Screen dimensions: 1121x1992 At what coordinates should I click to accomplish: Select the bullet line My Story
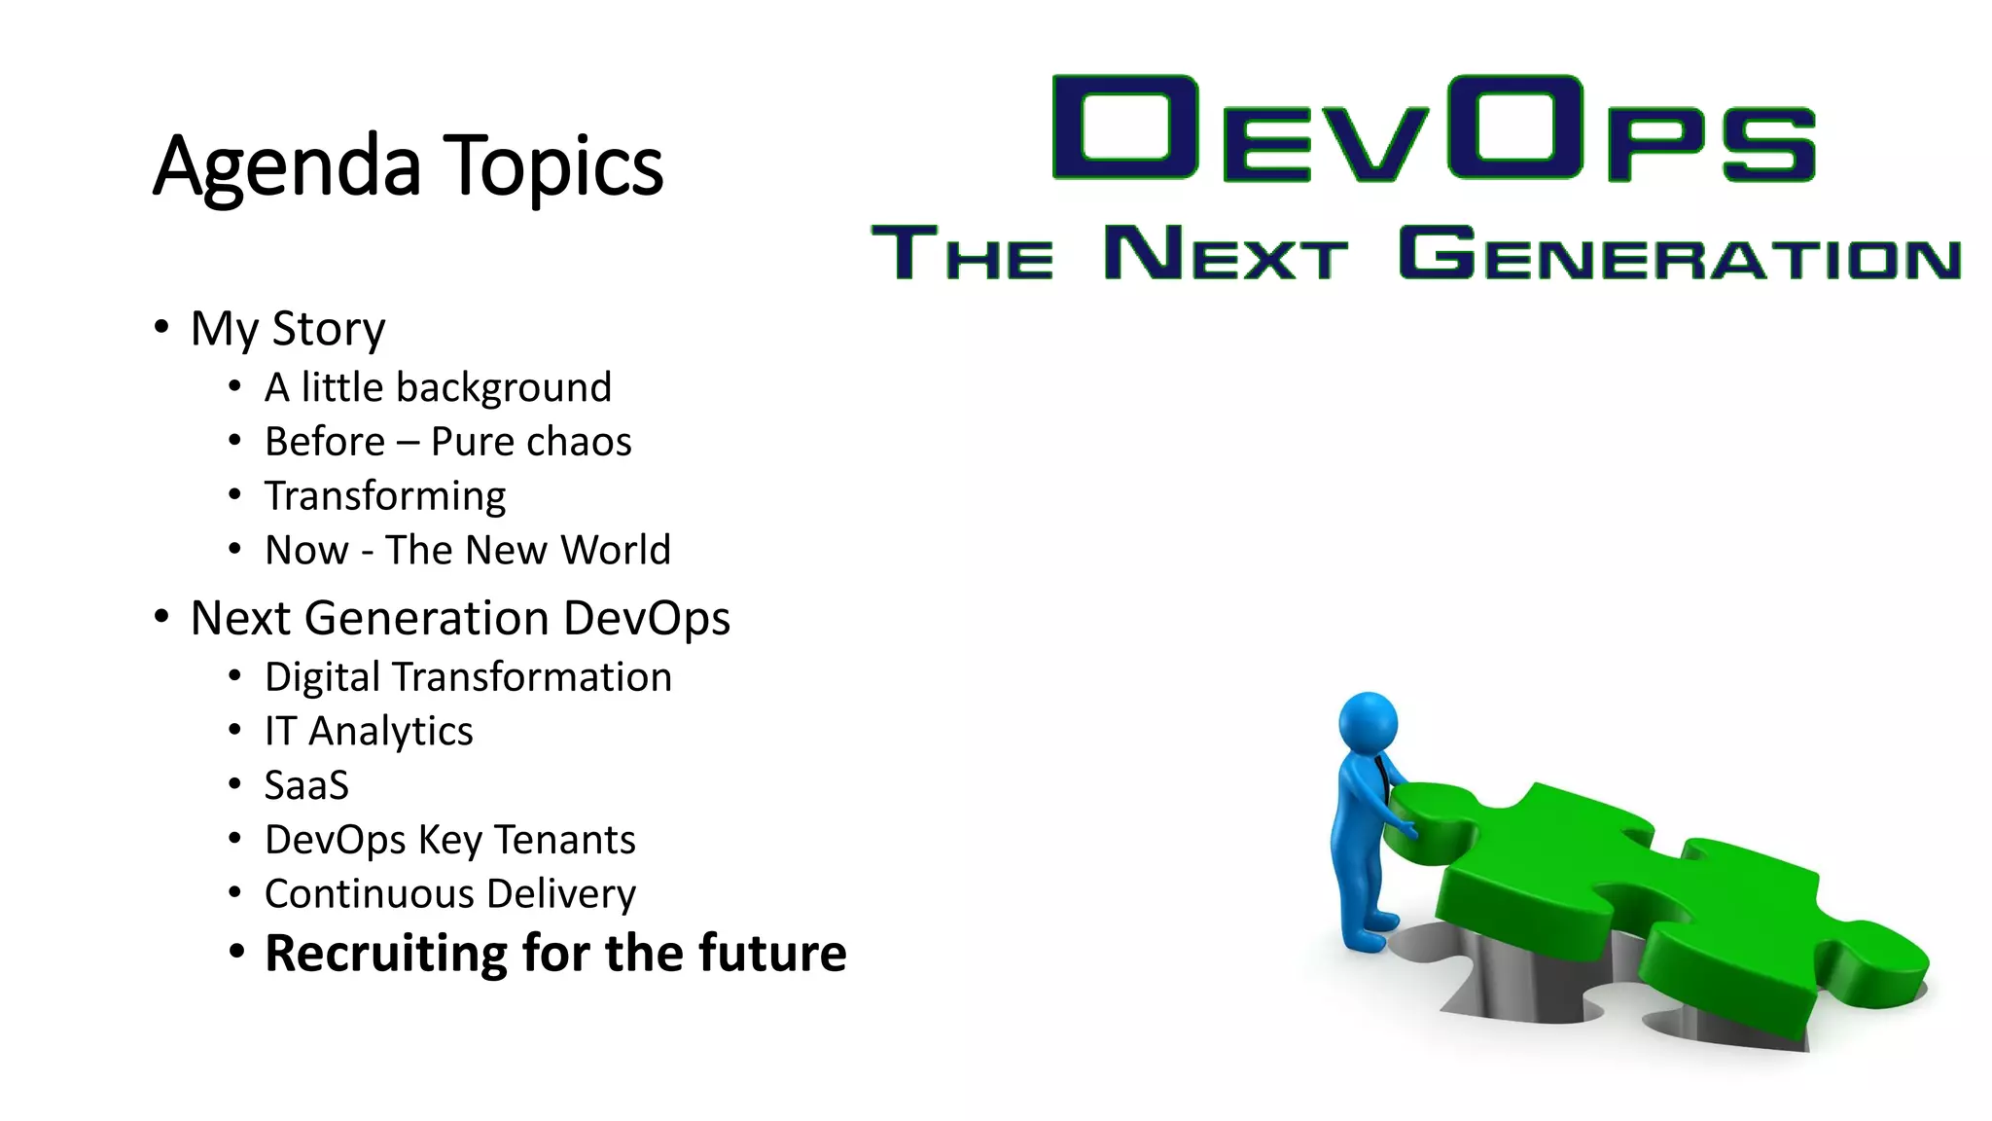click(288, 329)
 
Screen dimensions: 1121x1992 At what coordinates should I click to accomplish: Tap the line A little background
click(438, 387)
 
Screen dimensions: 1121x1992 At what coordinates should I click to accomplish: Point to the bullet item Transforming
click(385, 496)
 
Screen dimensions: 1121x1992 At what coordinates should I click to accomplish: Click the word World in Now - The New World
click(616, 550)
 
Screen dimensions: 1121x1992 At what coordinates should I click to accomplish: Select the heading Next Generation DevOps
click(460, 618)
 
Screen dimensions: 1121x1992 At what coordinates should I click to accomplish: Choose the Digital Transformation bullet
click(468, 677)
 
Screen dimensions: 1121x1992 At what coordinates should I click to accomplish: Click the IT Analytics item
click(369, 732)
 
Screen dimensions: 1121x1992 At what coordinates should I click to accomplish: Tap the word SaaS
click(306, 785)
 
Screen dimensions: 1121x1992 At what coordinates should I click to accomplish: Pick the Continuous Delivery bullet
click(450, 894)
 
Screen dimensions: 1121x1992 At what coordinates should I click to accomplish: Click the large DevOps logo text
click(1434, 128)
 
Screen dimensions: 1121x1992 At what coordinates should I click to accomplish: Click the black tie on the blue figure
click(1381, 778)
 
